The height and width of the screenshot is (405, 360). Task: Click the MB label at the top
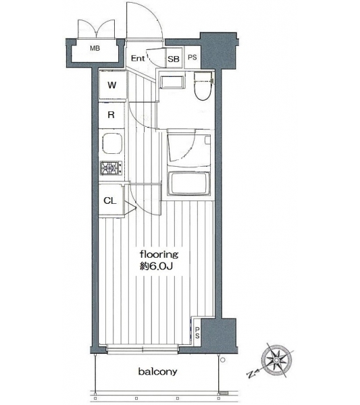(x=95, y=49)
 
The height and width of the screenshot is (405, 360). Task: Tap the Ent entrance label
(x=138, y=58)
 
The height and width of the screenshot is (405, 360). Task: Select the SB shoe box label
(x=174, y=59)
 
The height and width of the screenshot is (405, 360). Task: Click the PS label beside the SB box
(x=192, y=57)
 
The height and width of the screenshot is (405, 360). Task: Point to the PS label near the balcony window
(x=197, y=333)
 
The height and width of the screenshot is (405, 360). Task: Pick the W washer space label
(x=112, y=85)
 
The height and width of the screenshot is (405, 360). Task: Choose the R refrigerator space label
(x=111, y=115)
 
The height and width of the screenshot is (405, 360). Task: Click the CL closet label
(x=110, y=200)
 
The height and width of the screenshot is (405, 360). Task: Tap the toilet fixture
(x=203, y=86)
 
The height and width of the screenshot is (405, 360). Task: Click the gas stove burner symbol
(x=111, y=168)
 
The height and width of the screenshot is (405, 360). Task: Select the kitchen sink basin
(x=112, y=144)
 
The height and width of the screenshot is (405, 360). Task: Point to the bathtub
(x=188, y=184)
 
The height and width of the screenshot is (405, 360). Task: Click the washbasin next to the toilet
(x=172, y=82)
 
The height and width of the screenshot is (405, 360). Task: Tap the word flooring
(x=159, y=254)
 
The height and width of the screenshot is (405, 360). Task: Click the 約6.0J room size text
(x=156, y=267)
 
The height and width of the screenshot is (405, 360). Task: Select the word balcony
(x=157, y=372)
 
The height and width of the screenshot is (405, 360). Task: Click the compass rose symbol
(x=276, y=360)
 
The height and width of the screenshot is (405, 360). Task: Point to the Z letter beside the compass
(x=251, y=374)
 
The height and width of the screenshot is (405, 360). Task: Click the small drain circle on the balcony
(x=223, y=360)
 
